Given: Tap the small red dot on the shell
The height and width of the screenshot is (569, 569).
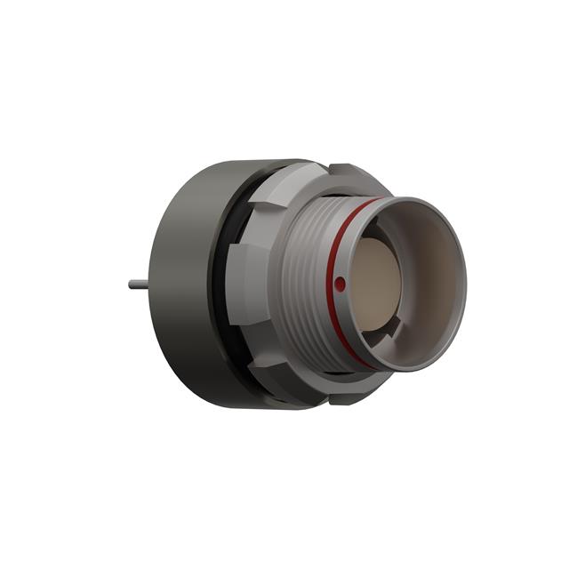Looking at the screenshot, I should click(x=341, y=284).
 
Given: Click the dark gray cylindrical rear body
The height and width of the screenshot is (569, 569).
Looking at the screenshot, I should click(x=182, y=284).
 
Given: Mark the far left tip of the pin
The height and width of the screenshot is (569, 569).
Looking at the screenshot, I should click(x=129, y=284).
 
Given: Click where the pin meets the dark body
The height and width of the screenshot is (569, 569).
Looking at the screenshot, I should click(x=153, y=284).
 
